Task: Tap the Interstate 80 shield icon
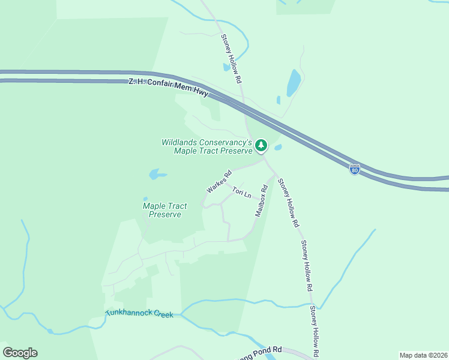point(355,170)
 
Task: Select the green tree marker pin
point(261,145)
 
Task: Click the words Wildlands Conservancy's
point(206,143)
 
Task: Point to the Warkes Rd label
point(219,181)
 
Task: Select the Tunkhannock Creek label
point(139,313)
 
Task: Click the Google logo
point(20,353)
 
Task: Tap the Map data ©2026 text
point(423,355)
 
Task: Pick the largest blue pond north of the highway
point(293,83)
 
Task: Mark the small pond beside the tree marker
point(278,147)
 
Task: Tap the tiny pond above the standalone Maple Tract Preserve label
point(145,199)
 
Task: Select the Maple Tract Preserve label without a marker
point(164,210)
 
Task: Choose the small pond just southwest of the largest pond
point(278,100)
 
